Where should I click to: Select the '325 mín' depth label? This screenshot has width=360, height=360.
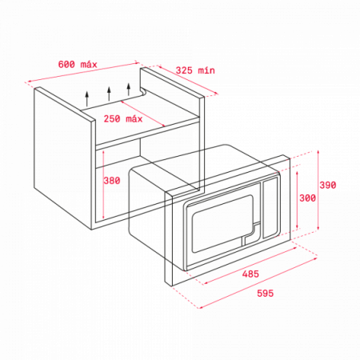pos(195,70)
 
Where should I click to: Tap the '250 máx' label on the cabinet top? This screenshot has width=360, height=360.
pos(123,119)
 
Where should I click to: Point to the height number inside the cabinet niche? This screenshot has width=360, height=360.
pos(112,181)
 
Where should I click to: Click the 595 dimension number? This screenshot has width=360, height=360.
pos(265,293)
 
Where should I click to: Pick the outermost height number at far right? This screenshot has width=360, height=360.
pos(327,185)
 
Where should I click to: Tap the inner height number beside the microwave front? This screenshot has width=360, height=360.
pos(306,198)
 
